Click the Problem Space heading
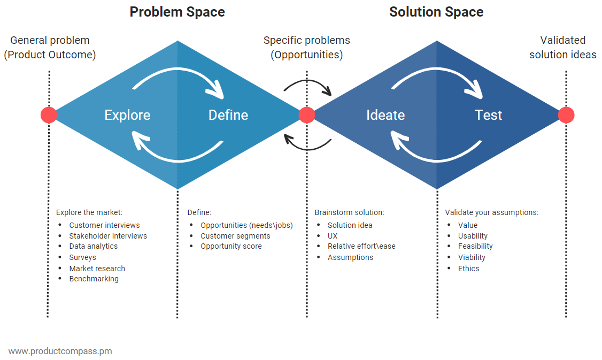click(177, 12)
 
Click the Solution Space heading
click(436, 12)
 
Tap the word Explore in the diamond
click(127, 115)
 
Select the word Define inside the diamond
click(228, 115)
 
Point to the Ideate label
click(385, 115)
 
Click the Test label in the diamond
click(488, 115)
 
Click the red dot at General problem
click(49, 115)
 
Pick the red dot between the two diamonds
click(306, 115)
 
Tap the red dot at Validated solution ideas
click(566, 115)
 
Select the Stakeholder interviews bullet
click(107, 236)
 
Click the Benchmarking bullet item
click(94, 279)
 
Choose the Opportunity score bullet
click(231, 246)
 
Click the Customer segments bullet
click(235, 236)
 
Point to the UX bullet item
click(333, 236)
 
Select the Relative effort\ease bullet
click(361, 246)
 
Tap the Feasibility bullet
click(475, 246)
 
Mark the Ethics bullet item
click(468, 269)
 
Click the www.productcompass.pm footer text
click(60, 351)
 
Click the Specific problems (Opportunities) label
click(306, 47)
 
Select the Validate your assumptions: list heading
click(491, 212)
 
